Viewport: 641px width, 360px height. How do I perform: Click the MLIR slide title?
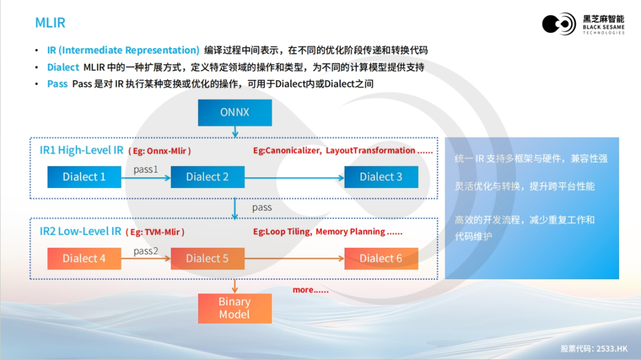point(50,23)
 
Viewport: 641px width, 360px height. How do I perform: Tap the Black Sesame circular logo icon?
point(559,24)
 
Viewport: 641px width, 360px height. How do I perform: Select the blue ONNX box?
point(234,112)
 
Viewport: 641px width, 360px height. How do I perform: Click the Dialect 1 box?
point(84,177)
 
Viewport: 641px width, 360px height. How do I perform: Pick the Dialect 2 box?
point(207,177)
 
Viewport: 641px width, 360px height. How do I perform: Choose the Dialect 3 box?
point(381,177)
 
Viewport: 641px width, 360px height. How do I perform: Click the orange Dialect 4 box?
point(84,258)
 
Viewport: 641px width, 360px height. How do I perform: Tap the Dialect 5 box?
point(207,258)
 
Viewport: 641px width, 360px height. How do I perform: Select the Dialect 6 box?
point(381,258)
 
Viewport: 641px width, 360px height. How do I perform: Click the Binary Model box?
point(234,308)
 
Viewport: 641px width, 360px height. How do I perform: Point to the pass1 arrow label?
point(146,169)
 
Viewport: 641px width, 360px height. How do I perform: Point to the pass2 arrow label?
point(146,251)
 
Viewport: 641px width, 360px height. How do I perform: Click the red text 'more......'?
point(310,290)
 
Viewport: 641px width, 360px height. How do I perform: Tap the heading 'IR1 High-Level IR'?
point(81,150)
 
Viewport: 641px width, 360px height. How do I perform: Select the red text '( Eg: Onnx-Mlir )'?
point(160,151)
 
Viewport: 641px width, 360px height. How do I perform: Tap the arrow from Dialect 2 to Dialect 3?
point(294,177)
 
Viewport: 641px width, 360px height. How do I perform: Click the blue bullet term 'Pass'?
point(58,84)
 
